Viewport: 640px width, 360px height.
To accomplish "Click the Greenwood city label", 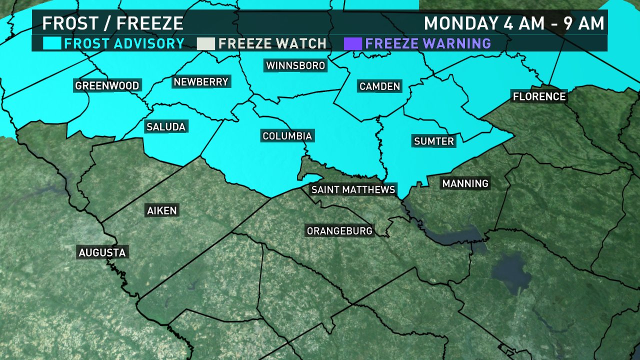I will click(x=107, y=86).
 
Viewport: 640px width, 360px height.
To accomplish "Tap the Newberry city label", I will click(x=200, y=81).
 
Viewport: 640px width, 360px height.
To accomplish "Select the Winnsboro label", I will click(x=295, y=65).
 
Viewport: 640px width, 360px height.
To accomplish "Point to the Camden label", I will click(x=380, y=86).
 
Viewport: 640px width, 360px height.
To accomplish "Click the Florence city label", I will click(x=538, y=96).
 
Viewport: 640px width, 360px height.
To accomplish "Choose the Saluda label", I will click(x=166, y=127).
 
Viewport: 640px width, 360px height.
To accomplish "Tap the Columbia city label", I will click(x=287, y=136).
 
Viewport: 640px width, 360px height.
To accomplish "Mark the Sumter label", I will click(x=434, y=141).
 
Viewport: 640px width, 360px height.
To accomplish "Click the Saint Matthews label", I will click(x=353, y=189).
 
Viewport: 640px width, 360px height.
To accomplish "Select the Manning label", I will click(x=465, y=183).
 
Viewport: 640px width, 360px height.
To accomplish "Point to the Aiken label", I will click(x=162, y=210).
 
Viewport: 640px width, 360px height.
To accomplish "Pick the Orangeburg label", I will click(x=339, y=231).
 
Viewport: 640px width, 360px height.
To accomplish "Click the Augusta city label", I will click(x=102, y=252).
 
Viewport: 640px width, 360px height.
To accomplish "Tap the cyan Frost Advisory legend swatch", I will click(x=52, y=43).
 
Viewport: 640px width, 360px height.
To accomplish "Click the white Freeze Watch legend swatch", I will click(x=205, y=43).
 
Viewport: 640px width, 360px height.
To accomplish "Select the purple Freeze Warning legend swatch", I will click(x=353, y=43).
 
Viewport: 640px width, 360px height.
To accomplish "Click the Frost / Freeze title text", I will click(x=112, y=23).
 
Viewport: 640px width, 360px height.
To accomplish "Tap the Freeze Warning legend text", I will click(x=428, y=43).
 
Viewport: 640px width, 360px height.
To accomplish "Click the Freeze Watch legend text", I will click(x=272, y=43).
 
